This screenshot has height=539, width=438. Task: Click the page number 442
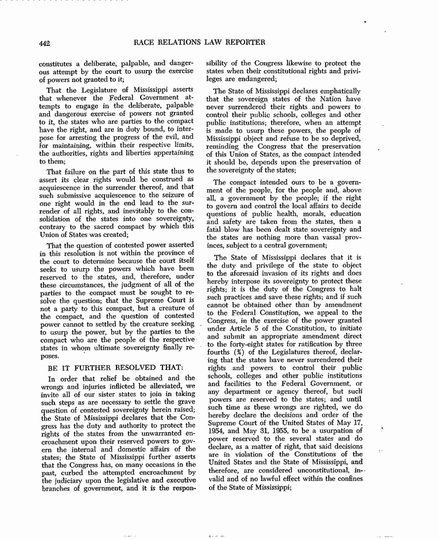[x=46, y=42]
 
